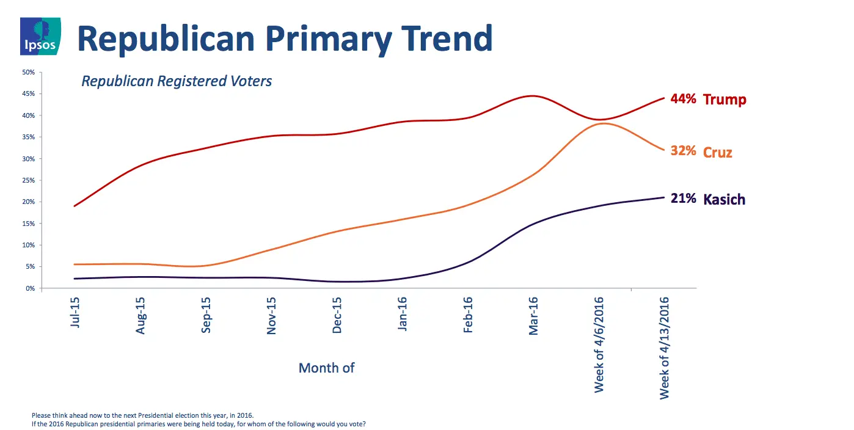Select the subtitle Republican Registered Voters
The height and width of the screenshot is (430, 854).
[x=177, y=81]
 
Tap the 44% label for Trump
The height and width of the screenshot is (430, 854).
[x=683, y=98]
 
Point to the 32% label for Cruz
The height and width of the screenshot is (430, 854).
[x=683, y=151]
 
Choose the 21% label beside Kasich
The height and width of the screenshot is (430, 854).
[x=683, y=199]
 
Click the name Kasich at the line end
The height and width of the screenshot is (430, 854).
[x=724, y=200]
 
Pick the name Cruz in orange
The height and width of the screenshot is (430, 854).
[x=718, y=152]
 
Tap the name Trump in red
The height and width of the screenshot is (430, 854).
[x=724, y=100]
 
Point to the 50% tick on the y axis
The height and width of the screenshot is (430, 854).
[x=29, y=72]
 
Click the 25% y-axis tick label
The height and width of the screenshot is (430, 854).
[x=29, y=180]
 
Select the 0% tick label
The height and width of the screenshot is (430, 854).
[x=31, y=288]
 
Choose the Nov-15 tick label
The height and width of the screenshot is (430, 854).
[x=271, y=315]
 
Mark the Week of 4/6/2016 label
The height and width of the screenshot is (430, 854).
[x=599, y=344]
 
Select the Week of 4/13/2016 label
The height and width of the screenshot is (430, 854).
[x=665, y=348]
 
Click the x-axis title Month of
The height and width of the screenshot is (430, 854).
[x=326, y=368]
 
